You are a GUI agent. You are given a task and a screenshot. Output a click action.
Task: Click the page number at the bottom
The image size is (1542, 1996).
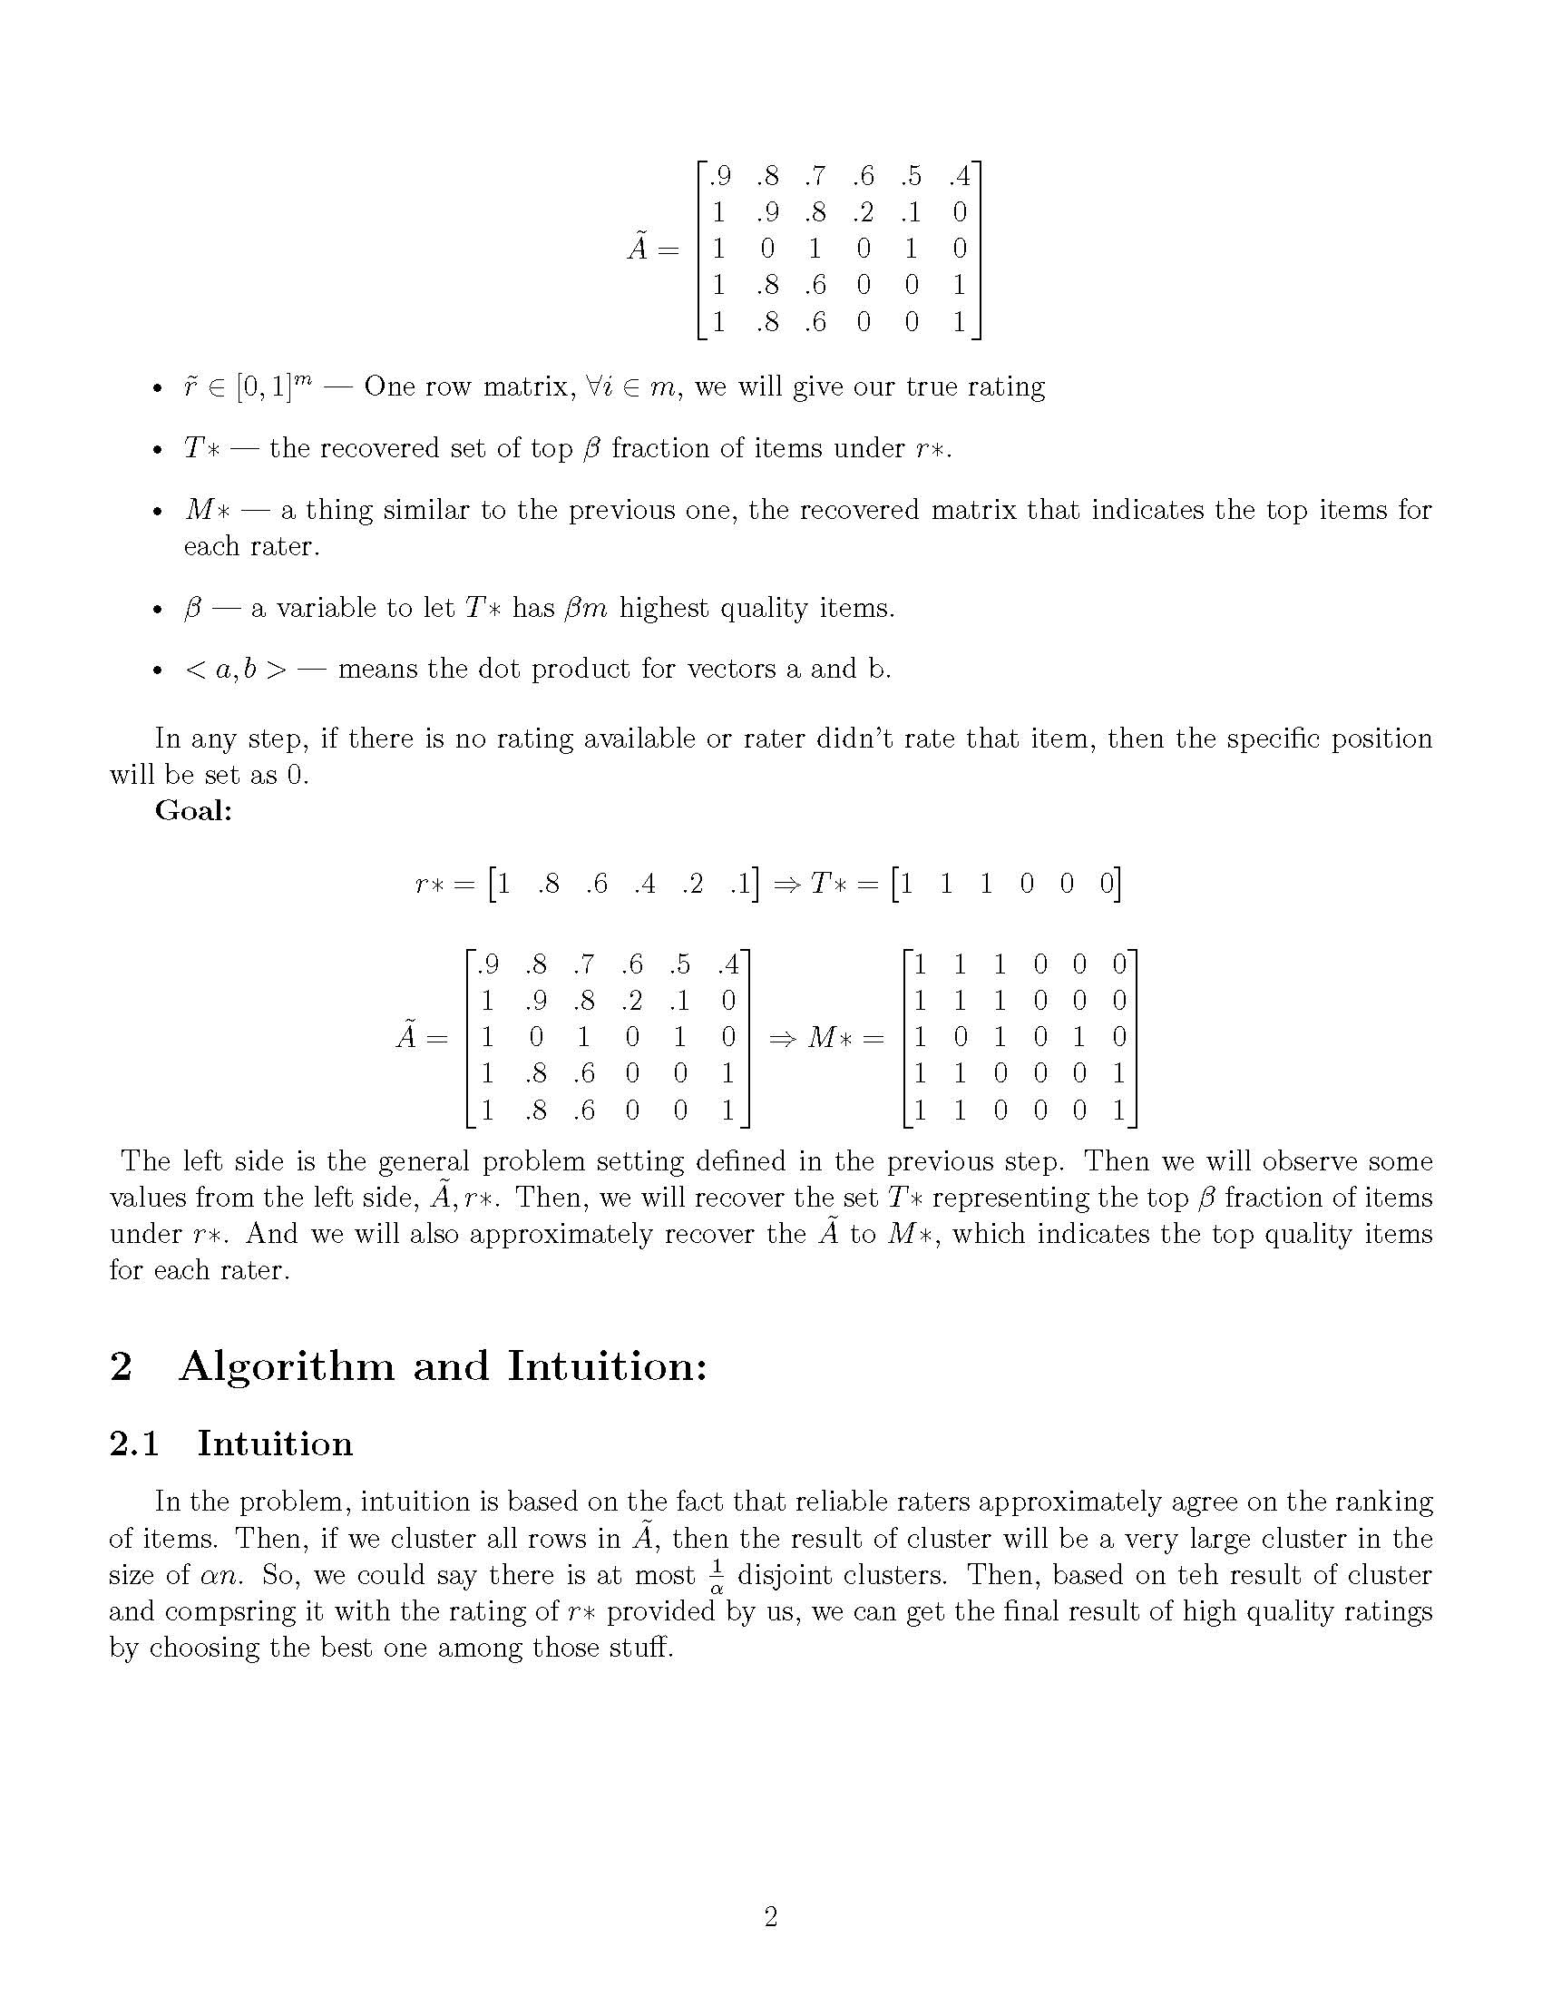(x=770, y=1916)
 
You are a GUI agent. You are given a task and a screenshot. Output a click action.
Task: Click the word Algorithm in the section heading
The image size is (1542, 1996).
(x=287, y=1366)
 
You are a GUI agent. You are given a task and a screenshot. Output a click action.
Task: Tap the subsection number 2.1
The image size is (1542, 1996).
(x=134, y=1444)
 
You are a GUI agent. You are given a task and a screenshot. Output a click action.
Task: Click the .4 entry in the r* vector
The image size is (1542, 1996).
(x=644, y=884)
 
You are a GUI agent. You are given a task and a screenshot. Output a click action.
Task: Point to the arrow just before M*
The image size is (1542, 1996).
(x=783, y=1038)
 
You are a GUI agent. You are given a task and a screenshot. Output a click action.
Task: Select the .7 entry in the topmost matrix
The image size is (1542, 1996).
(x=815, y=175)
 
